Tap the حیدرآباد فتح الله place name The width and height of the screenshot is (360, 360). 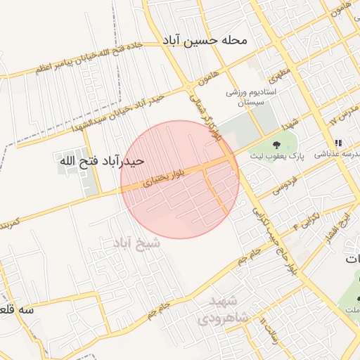point(102,161)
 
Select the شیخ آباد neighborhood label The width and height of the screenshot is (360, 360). point(136,243)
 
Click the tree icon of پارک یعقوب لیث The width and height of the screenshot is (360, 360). point(274,143)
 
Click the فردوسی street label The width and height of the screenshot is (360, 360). point(283,186)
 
